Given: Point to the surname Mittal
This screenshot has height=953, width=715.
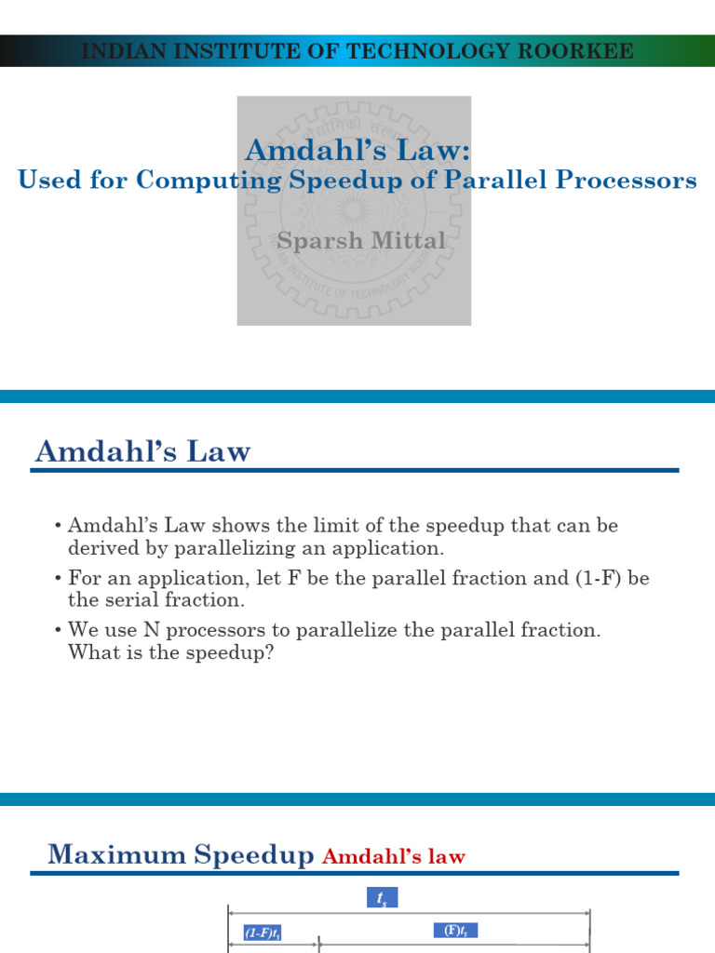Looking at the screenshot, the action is (409, 240).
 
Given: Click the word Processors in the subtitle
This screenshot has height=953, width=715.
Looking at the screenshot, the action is (627, 180).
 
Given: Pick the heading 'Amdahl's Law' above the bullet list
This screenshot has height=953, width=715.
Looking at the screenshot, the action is (142, 451).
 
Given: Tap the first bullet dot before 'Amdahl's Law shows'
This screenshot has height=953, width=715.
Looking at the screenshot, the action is (58, 526).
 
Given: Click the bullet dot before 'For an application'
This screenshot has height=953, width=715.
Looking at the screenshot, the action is (58, 578).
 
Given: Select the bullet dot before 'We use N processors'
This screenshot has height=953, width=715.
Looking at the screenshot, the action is (58, 630).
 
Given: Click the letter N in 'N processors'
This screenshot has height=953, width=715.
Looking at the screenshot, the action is (152, 630).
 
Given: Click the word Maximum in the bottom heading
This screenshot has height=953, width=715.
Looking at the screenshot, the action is (116, 854).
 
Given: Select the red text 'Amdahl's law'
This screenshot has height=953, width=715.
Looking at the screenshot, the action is (394, 856).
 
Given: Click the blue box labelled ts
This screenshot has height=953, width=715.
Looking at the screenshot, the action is (383, 897).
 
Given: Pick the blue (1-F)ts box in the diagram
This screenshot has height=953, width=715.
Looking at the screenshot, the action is (262, 933).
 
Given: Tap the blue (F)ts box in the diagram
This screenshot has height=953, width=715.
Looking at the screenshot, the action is (455, 931).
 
